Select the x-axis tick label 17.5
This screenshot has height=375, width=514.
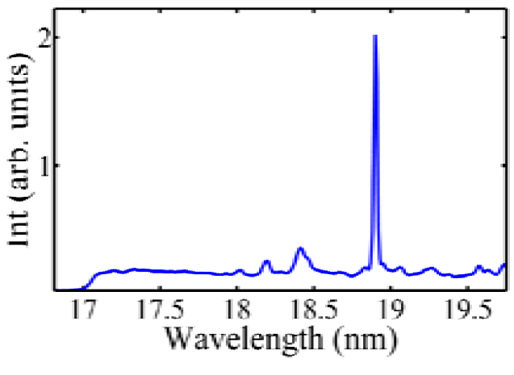tap(160, 309)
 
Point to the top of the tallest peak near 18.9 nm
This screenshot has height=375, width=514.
tap(375, 36)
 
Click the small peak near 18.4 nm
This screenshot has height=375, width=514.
tap(300, 248)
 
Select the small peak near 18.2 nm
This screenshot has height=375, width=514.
tap(266, 261)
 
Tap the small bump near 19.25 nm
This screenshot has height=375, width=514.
tap(431, 268)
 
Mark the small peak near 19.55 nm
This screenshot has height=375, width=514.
tap(478, 266)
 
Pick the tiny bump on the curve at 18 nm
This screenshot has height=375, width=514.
tap(240, 270)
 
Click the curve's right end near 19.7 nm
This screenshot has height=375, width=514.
tap(504, 265)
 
